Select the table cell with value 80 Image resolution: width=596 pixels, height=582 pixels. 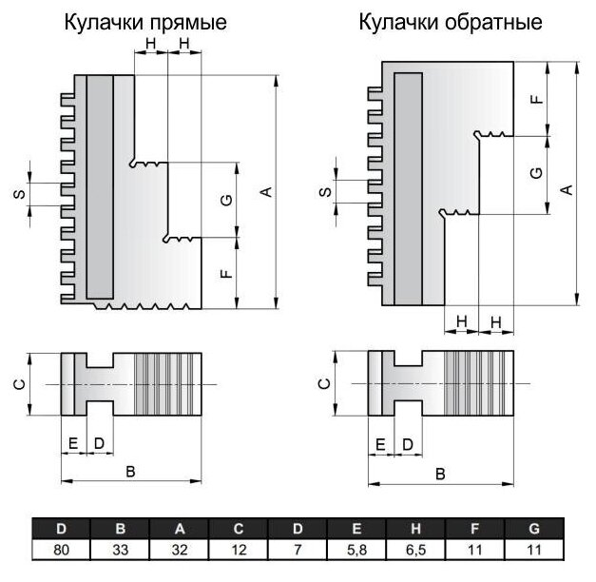click(61, 549)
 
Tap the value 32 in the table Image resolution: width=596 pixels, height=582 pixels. click(180, 549)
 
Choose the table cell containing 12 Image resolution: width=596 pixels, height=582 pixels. click(239, 549)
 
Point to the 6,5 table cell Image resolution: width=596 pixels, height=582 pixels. click(415, 549)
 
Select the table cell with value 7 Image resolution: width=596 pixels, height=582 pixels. click(298, 549)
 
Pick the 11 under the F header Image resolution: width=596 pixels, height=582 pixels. click(474, 549)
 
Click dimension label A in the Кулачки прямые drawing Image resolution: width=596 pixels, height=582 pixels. click(267, 192)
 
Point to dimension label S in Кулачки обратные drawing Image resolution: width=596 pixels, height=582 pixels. click(323, 193)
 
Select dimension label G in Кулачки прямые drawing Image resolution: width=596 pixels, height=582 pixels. click(225, 201)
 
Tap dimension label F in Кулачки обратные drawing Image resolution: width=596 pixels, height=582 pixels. click(538, 99)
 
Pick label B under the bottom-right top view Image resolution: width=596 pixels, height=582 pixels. click(439, 473)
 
